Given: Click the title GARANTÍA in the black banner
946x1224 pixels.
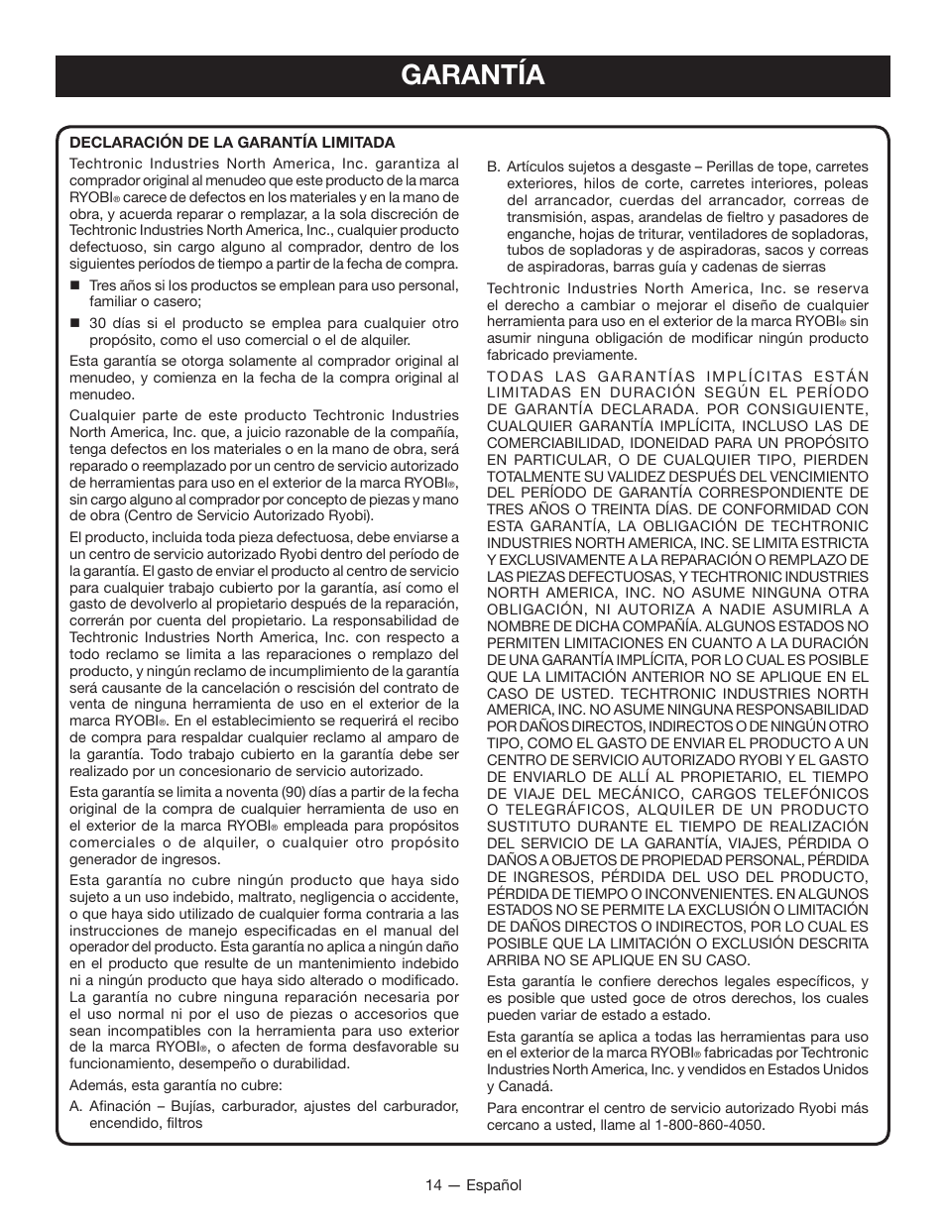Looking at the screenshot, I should pyautogui.click(x=473, y=75).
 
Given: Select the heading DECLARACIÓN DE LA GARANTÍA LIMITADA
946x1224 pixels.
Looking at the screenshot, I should pyautogui.click(x=232, y=143).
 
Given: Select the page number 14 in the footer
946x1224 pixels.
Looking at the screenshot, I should pyautogui.click(x=433, y=1185).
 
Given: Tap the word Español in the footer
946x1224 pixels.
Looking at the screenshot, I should pyautogui.click(x=495, y=1185).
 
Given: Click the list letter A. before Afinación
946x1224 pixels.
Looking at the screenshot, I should pyautogui.click(x=76, y=1107).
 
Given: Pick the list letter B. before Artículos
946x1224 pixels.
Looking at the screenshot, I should pyautogui.click(x=493, y=167).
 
